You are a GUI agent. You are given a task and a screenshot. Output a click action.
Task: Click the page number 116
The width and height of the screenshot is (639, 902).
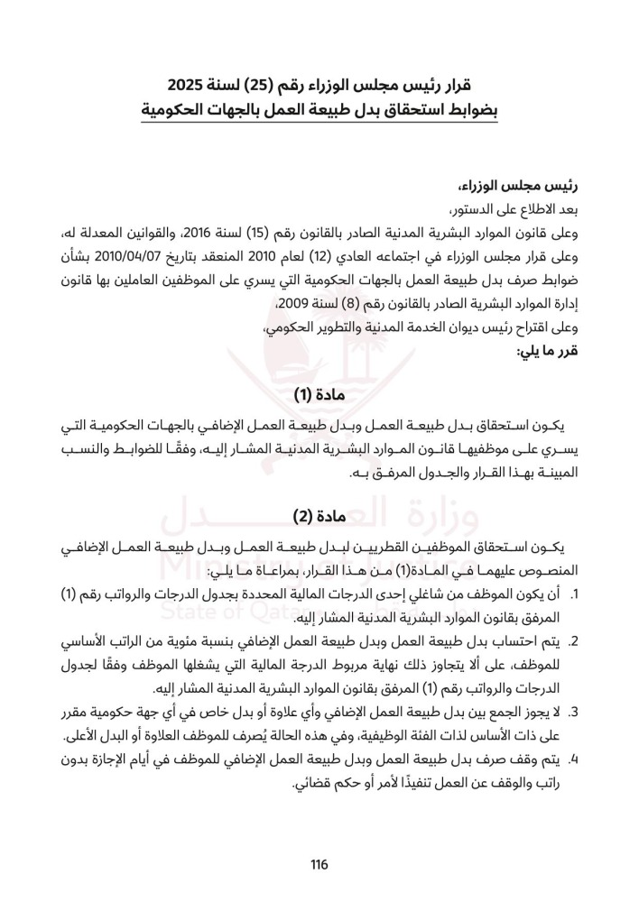(x=319, y=865)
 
